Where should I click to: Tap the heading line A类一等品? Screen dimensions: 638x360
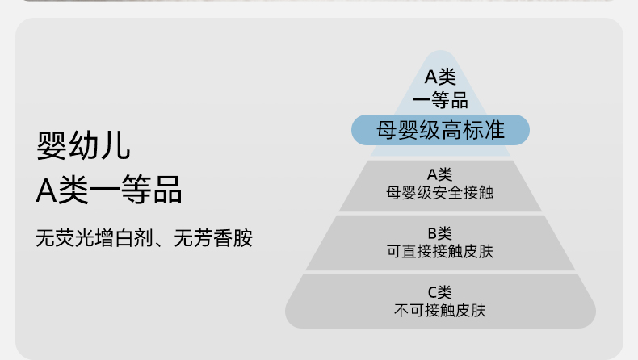click(109, 190)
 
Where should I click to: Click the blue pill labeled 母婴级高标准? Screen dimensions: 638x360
click(440, 130)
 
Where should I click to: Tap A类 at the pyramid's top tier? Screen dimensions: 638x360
click(440, 78)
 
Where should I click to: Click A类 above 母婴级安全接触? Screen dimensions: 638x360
click(440, 174)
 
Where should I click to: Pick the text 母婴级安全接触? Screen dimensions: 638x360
click(440, 192)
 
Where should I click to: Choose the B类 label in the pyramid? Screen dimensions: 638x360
click(440, 234)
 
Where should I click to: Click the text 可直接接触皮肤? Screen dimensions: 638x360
click(440, 252)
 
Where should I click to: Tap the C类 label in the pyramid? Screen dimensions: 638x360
click(440, 292)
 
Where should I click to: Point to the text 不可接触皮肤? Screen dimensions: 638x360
click(440, 310)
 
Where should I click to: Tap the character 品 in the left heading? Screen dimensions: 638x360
click(168, 190)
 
